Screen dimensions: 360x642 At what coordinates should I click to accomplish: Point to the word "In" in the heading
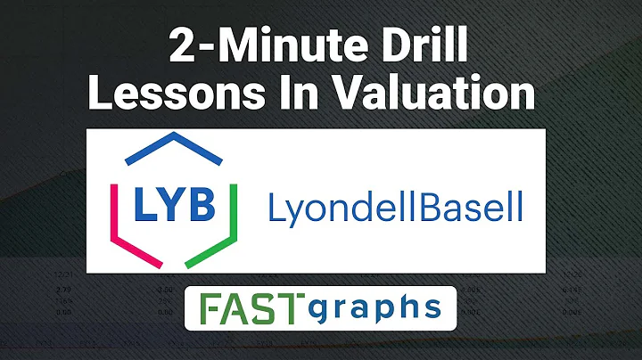pos(289,94)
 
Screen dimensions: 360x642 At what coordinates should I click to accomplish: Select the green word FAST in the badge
pos(250,308)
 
